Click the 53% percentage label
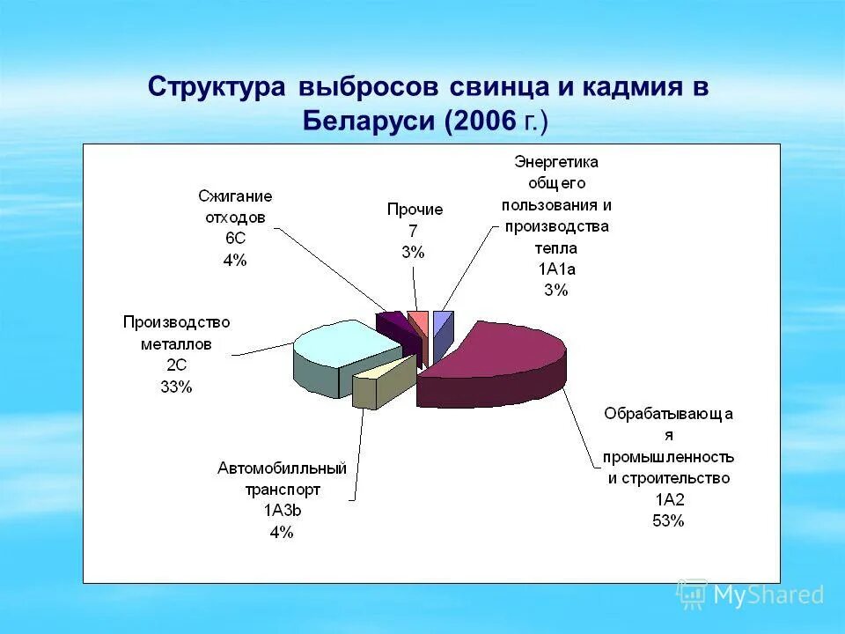click(x=668, y=520)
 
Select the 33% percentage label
click(x=176, y=387)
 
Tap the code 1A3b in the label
click(x=283, y=511)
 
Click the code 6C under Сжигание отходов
click(x=235, y=239)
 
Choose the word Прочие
click(x=415, y=210)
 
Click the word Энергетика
click(x=556, y=162)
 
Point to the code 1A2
click(x=668, y=500)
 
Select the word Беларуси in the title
click(x=371, y=121)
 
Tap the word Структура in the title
click(x=217, y=88)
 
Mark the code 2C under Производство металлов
click(x=176, y=365)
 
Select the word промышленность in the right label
click(x=668, y=458)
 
